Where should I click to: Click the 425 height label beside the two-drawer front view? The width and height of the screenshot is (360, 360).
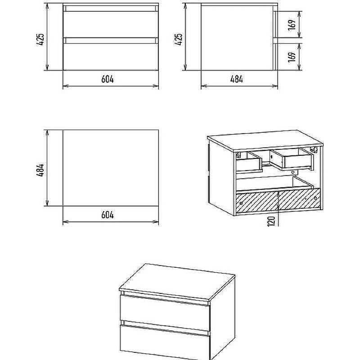[x=40, y=39]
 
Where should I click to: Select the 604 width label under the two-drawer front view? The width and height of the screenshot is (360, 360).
[x=108, y=79]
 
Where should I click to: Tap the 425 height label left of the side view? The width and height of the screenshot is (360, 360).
[x=178, y=39]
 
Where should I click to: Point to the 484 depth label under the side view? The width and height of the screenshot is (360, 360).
[x=237, y=79]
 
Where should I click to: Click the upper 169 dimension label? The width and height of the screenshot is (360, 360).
[x=292, y=25]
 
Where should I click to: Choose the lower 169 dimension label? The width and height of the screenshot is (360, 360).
[x=292, y=57]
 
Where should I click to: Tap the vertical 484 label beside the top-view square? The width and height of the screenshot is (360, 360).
[x=40, y=170]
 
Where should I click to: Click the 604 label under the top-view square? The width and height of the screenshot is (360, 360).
[x=108, y=215]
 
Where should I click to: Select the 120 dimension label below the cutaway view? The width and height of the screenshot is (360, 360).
[x=271, y=221]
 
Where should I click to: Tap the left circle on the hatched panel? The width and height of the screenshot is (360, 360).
[x=241, y=203]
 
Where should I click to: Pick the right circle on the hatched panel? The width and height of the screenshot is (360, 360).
[x=315, y=198]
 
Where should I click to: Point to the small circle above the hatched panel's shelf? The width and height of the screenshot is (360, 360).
[x=293, y=172]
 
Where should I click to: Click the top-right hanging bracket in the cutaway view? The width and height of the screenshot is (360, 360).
[x=314, y=149]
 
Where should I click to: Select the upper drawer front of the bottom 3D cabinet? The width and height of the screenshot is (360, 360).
[x=165, y=312]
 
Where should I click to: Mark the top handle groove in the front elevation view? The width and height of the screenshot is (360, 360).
[x=111, y=9]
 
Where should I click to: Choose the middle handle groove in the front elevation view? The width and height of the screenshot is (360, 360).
[x=111, y=40]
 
